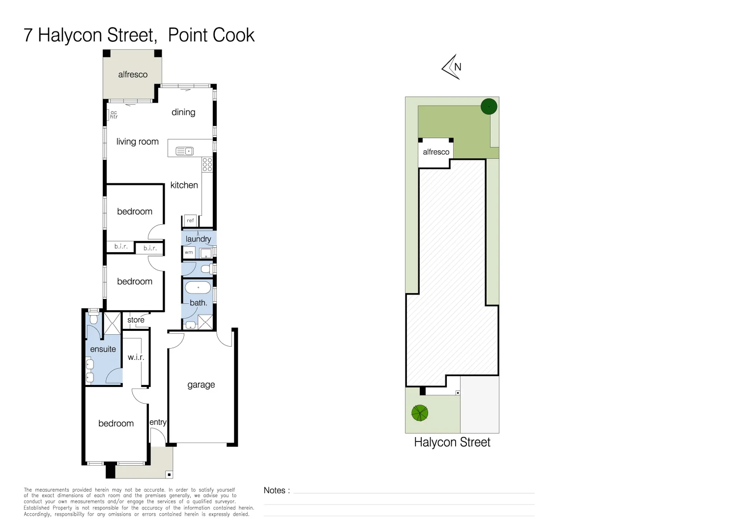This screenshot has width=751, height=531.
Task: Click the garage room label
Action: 201,384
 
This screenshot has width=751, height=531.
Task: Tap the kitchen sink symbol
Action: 184,151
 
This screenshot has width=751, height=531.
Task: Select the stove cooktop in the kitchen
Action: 207,165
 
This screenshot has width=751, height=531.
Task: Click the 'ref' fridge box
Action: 190,220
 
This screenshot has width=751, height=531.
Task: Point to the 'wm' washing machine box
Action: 189,253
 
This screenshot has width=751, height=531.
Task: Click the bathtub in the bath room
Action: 198,288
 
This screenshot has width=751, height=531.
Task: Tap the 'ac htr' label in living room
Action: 114,115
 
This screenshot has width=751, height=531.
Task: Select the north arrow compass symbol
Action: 451,67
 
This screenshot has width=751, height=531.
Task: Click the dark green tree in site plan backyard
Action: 489,107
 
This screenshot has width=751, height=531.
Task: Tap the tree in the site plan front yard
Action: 420,413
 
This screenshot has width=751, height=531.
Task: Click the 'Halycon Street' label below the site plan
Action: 452,442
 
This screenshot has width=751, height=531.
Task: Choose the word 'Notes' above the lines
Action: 274,490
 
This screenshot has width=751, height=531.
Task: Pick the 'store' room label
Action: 136,320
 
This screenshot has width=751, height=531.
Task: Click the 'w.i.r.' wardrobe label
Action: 136,357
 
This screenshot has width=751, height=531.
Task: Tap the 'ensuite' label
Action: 103,349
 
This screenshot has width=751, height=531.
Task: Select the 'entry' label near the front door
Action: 158,422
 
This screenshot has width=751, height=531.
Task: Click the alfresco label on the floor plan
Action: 133,75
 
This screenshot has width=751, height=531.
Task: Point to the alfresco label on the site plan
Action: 436,152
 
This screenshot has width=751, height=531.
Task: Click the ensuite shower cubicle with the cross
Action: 112,324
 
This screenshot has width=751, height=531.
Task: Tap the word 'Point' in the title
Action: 187,35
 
